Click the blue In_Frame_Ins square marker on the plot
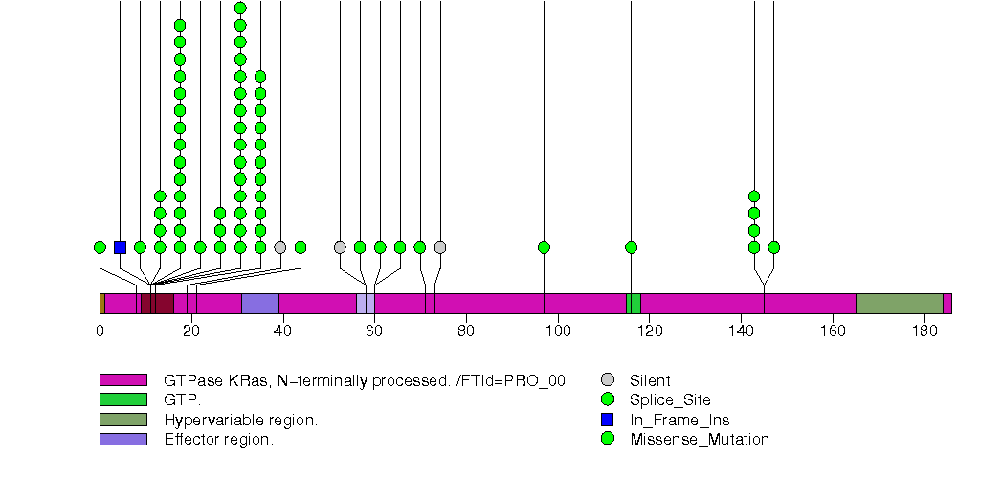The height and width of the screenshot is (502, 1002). pyautogui.click(x=120, y=247)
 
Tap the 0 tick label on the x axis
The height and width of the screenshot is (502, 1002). pyautogui.click(x=100, y=331)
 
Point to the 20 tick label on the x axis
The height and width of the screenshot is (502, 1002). pyautogui.click(x=191, y=331)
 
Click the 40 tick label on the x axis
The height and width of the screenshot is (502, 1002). pyautogui.click(x=283, y=331)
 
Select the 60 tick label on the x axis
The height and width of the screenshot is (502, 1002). pyautogui.click(x=374, y=331)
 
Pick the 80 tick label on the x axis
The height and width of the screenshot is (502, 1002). pyautogui.click(x=466, y=331)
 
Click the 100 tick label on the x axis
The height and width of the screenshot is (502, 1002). pyautogui.click(x=558, y=331)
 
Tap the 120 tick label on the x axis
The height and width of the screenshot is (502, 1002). pyautogui.click(x=650, y=331)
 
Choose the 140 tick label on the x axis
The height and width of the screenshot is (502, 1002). pyautogui.click(x=741, y=331)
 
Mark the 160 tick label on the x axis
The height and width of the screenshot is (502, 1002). pyautogui.click(x=833, y=331)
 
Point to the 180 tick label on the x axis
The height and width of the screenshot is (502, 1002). pyautogui.click(x=924, y=331)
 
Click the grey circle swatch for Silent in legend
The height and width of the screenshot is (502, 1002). pyautogui.click(x=607, y=380)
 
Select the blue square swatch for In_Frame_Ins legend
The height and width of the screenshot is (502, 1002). pyautogui.click(x=607, y=420)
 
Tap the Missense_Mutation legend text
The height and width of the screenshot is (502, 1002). pyautogui.click(x=700, y=440)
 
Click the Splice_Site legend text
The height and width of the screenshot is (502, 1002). pyautogui.click(x=670, y=400)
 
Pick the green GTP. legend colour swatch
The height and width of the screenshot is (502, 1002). pyautogui.click(x=123, y=400)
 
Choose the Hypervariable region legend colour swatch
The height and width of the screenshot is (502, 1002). pyautogui.click(x=123, y=420)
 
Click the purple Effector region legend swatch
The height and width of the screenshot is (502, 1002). pyautogui.click(x=123, y=440)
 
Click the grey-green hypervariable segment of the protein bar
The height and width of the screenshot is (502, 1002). pyautogui.click(x=899, y=304)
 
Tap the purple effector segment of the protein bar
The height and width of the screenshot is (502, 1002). pyautogui.click(x=259, y=304)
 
